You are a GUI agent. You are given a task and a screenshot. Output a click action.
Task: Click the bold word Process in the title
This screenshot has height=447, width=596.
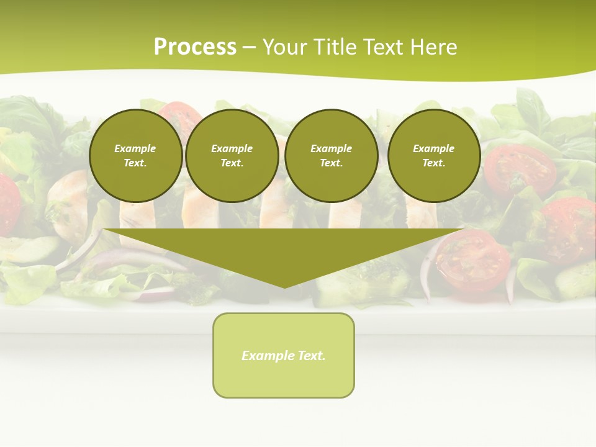[195, 47]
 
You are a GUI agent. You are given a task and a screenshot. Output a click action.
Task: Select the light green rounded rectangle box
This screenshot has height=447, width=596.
[284, 379]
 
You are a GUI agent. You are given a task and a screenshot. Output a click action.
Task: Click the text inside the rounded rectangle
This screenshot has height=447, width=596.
[284, 356]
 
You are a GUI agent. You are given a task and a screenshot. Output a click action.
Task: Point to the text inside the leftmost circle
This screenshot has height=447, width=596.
[135, 156]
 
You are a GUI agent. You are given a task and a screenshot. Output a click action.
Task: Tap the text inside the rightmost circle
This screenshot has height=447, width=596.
[434, 156]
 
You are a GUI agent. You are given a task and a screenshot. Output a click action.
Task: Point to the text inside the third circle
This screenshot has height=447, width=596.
[332, 156]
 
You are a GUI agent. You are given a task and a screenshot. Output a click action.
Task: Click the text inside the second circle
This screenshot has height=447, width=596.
[232, 156]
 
